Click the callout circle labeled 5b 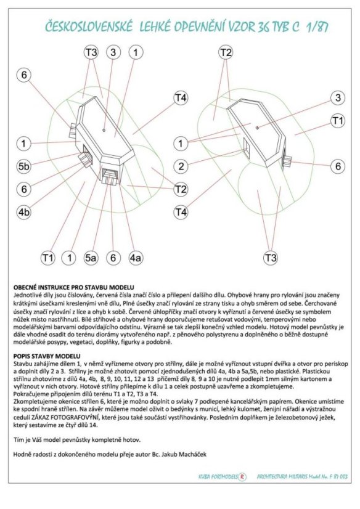coord(23,166)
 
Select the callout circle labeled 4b coord(23,213)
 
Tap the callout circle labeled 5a coord(91,258)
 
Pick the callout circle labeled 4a coord(136,258)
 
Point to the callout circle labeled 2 coord(181,166)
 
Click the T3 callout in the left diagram coord(91,52)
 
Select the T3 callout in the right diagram coord(271,258)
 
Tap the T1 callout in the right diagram coord(338,121)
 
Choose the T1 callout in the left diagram coord(47,258)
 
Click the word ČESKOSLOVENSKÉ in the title coord(89,27)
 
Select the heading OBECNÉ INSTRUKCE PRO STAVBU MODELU coord(74,287)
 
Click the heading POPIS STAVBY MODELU coord(47,356)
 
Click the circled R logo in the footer coord(242,477)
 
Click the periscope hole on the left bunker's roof coord(104,130)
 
